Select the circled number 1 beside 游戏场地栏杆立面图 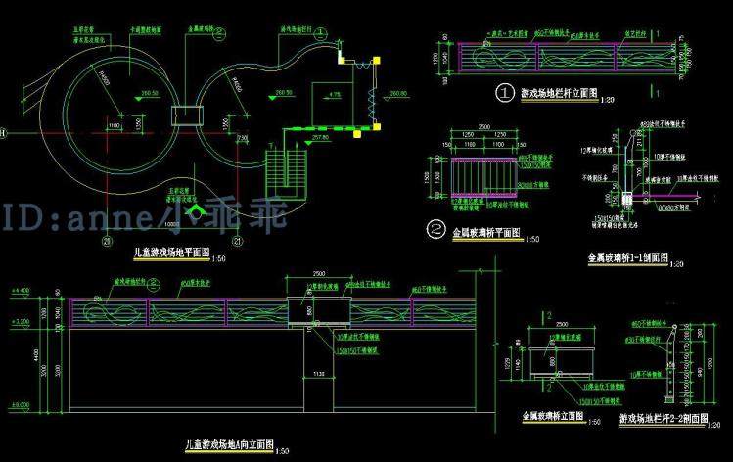(x=505, y=94)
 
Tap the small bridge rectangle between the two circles (x=184, y=115)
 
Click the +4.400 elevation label (x=19, y=291)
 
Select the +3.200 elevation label (x=19, y=320)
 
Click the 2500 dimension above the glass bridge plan (x=482, y=126)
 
